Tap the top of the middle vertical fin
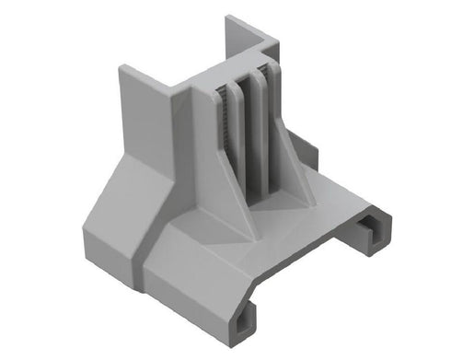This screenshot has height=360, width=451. point(246,76)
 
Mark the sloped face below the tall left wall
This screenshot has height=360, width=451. point(124,198)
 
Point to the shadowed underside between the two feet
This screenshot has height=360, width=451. point(313,276)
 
